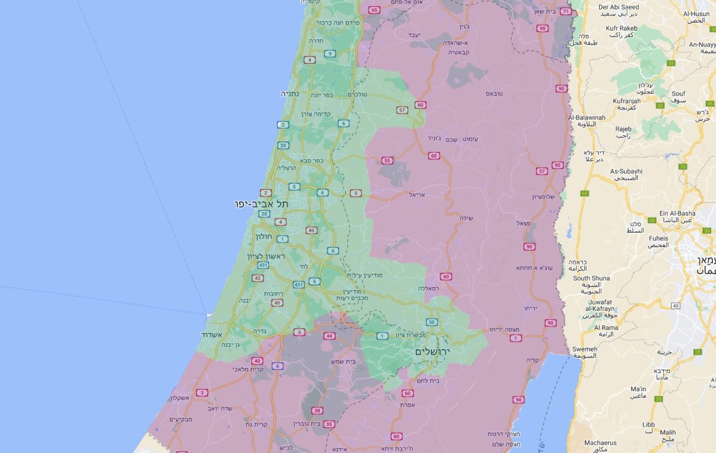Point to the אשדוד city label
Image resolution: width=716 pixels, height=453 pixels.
pos(212,334)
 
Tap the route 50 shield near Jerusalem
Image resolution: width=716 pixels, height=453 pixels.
pos(432,322)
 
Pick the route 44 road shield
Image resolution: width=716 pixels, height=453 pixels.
pos(329,336)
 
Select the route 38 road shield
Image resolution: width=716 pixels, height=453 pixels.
pos(317,411)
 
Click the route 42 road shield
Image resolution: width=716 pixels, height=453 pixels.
pos(258,278)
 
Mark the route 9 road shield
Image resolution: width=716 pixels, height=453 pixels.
pos(329,54)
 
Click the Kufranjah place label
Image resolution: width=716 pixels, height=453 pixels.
pos(626,101)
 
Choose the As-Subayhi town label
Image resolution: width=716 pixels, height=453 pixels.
pos(626,171)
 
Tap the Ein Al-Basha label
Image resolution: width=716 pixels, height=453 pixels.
pos(677,213)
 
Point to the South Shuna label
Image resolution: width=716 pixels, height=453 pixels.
pos(591,278)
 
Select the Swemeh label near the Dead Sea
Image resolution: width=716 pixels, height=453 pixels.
pos(584,349)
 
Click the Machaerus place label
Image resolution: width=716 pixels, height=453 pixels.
pos(600,443)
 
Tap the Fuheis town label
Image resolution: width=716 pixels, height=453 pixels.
pos(658,238)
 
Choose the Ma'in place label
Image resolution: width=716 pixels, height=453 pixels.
pos(638,389)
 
